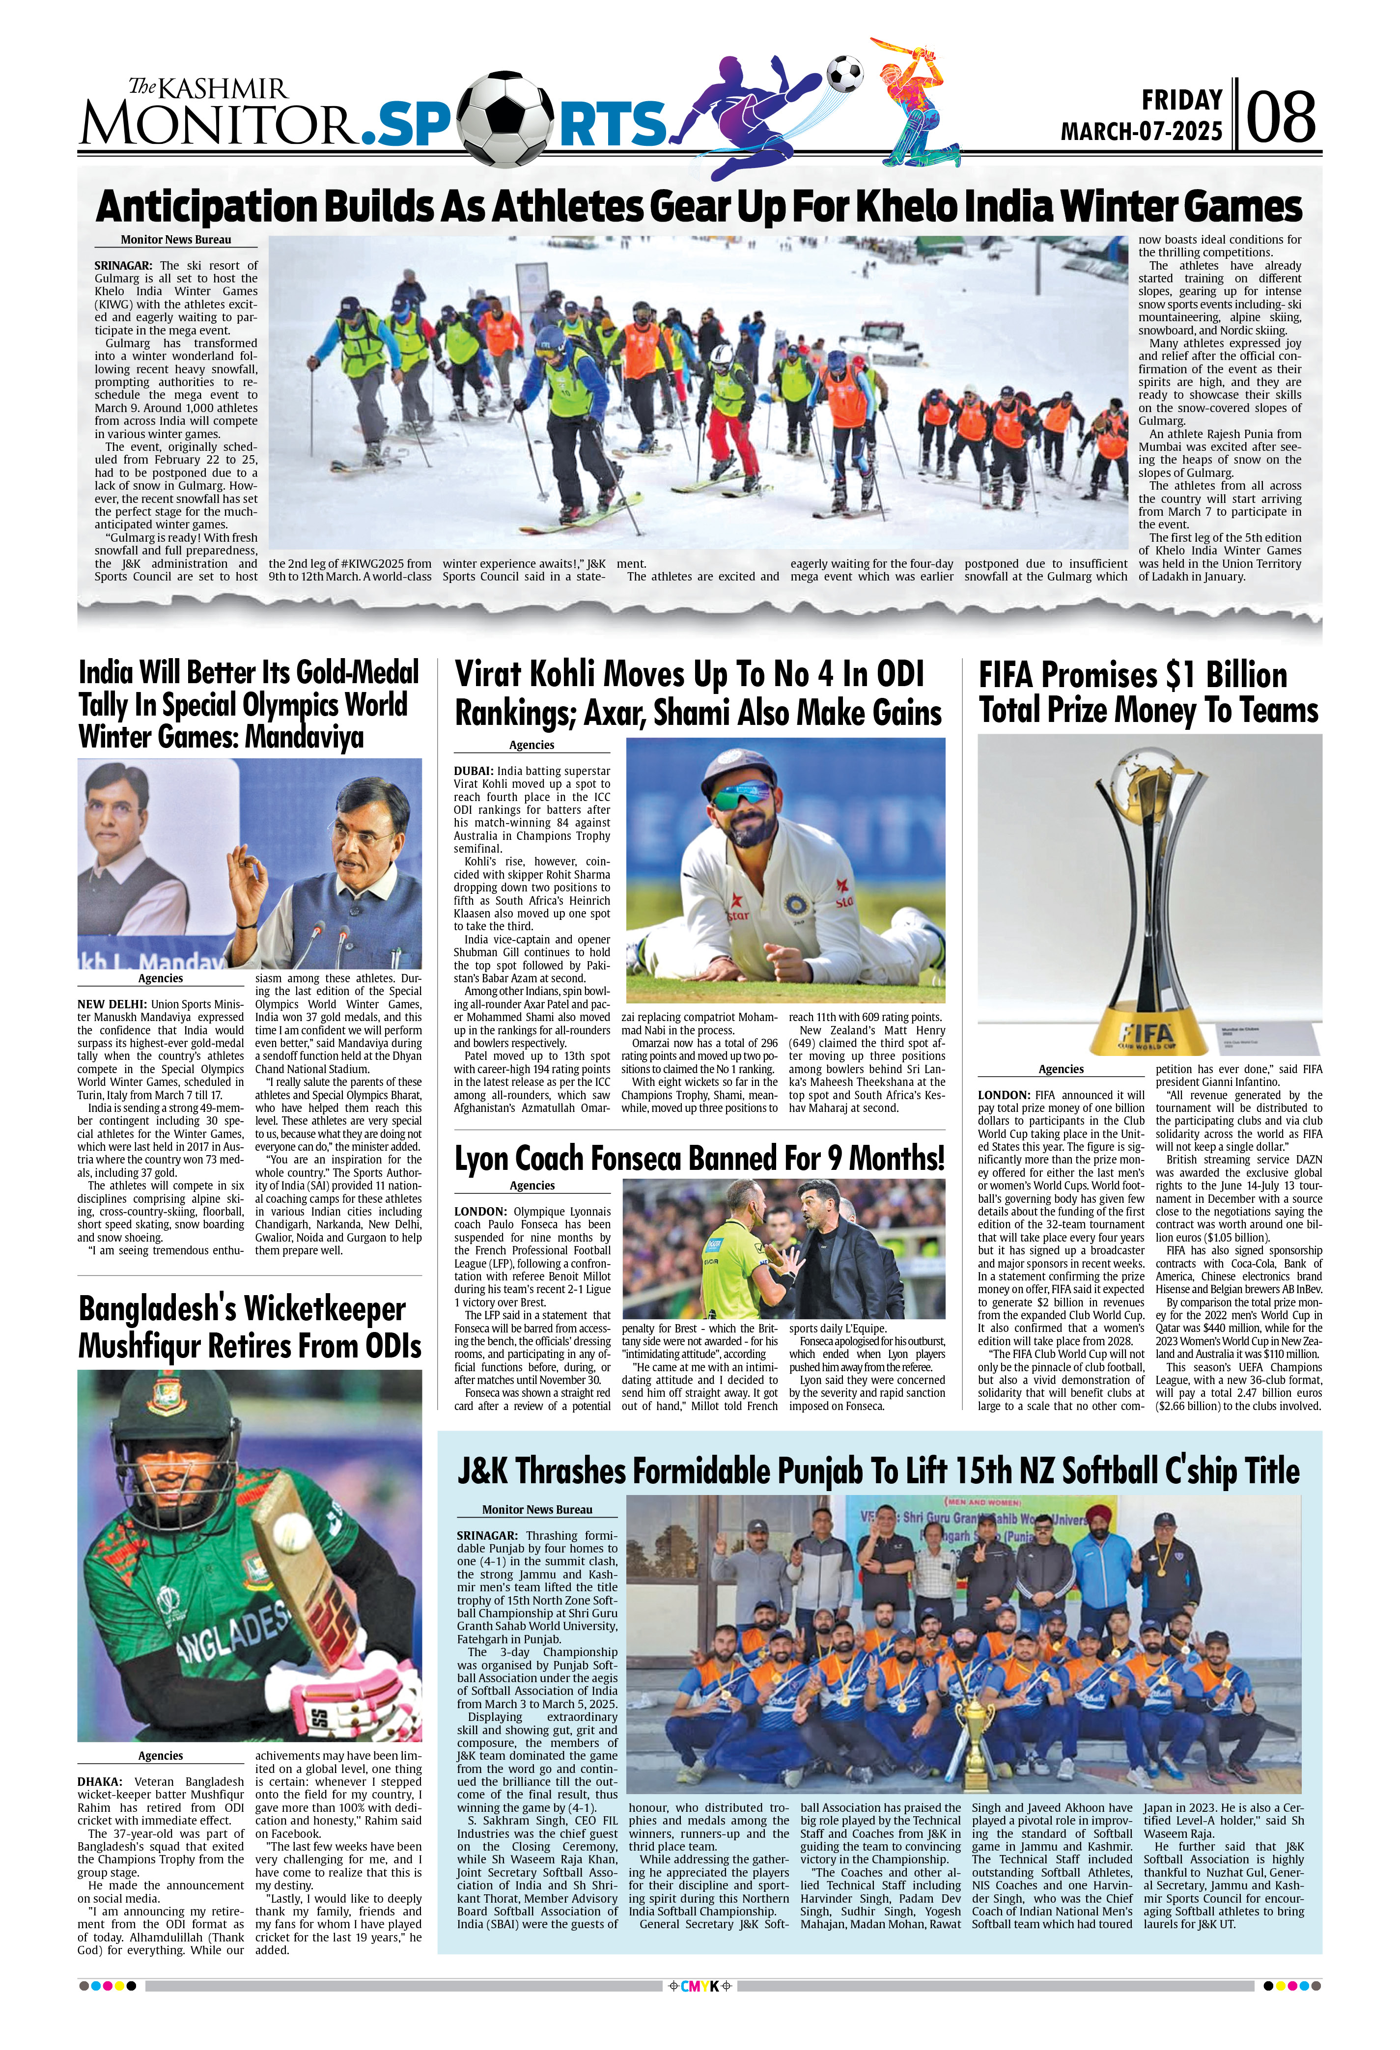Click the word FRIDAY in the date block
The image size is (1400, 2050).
click(1182, 100)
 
